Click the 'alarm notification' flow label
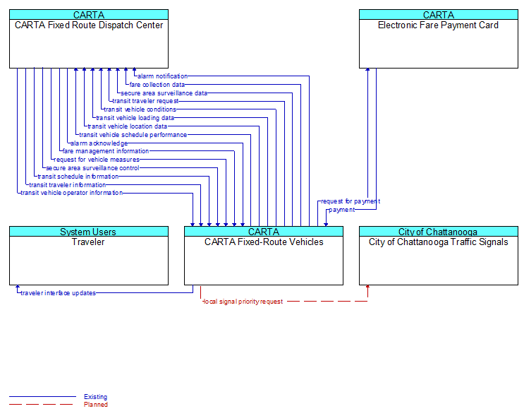(162, 76)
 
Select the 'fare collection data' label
(157, 85)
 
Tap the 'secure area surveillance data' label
(164, 93)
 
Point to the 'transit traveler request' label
(145, 101)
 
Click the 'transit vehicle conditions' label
(140, 109)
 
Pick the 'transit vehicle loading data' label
(135, 118)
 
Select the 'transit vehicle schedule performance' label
(133, 135)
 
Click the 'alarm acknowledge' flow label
(99, 143)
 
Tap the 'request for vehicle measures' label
(97, 160)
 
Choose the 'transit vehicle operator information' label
(71, 193)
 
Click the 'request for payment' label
(351, 201)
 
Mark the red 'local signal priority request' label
(243, 302)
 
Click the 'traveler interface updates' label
(58, 293)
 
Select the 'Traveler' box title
(88, 242)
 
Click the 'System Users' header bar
(89, 232)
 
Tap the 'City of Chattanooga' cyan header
(439, 232)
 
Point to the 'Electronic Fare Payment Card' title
(438, 25)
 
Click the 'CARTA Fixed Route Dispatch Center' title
(89, 25)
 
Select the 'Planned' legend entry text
(96, 405)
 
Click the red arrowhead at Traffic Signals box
(367, 287)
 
